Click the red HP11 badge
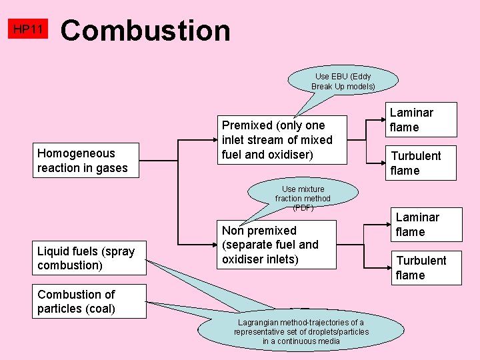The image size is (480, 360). pyautogui.click(x=28, y=29)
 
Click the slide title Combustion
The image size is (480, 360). pyautogui.click(x=146, y=31)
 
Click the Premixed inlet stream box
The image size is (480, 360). pyautogui.click(x=283, y=140)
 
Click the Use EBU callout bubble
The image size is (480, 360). pyautogui.click(x=343, y=81)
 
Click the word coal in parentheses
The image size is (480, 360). pyautogui.click(x=100, y=309)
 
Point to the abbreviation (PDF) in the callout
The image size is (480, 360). pyautogui.click(x=303, y=207)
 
